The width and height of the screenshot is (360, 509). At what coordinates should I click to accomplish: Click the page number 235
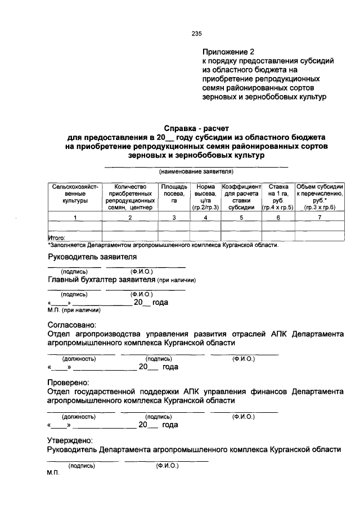[x=196, y=34]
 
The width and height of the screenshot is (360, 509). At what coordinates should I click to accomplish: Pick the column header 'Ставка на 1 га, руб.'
[x=277, y=196]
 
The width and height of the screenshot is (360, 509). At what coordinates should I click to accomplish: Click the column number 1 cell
[x=75, y=217]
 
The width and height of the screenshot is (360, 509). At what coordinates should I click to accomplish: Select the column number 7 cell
[x=319, y=217]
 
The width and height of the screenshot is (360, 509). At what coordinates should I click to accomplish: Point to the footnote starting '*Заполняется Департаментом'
[x=163, y=245]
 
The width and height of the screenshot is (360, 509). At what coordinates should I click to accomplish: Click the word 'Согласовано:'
[x=71, y=325]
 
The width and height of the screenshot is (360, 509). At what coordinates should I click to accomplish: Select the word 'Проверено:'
[x=69, y=382]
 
